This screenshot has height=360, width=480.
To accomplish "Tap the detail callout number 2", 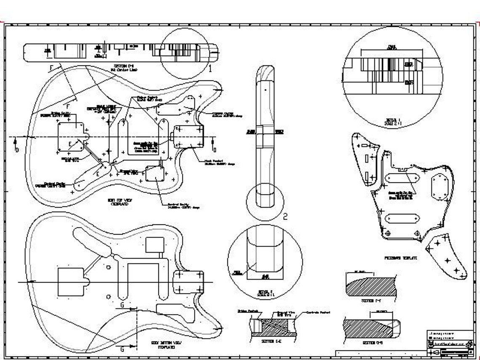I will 285,217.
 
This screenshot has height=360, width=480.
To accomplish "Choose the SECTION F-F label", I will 371,301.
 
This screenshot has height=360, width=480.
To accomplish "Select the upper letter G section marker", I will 122,304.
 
